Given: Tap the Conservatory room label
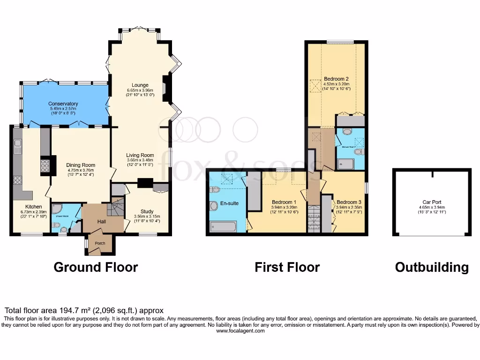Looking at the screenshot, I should (x=63, y=104).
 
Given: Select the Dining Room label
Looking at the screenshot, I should (x=81, y=165).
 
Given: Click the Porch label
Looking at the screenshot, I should (x=100, y=243).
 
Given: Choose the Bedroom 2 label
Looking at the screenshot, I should (x=336, y=79).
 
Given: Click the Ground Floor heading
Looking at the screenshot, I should (x=96, y=267).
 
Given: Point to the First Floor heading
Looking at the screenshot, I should (x=287, y=267).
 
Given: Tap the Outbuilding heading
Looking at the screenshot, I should (x=431, y=267).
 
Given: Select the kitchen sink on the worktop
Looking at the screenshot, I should (x=17, y=150).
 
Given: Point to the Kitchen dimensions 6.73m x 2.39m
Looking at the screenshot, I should (x=34, y=212).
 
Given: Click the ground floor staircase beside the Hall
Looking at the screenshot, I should (x=116, y=206).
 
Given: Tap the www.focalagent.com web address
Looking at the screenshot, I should (x=240, y=331).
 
